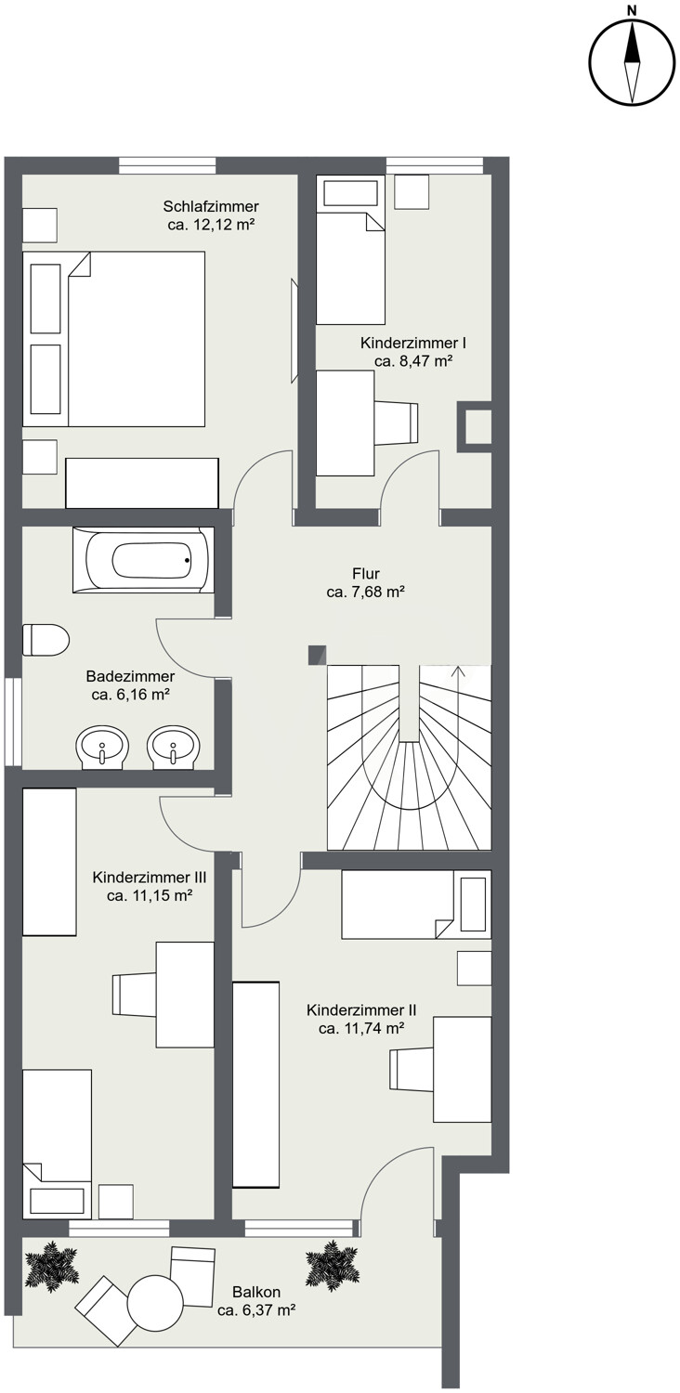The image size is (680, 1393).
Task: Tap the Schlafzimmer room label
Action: (x=211, y=206)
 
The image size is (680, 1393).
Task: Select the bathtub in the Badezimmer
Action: (x=143, y=560)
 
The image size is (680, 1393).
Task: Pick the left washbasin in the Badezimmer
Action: (x=102, y=745)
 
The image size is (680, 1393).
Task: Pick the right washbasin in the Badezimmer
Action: (x=173, y=745)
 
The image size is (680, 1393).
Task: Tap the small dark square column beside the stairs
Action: (x=318, y=655)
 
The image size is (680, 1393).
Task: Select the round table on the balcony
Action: (x=155, y=1302)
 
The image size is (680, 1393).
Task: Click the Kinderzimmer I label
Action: (x=413, y=344)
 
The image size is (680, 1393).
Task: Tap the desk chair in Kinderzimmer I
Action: (x=397, y=423)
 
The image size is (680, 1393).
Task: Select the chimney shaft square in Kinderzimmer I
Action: (x=476, y=426)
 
